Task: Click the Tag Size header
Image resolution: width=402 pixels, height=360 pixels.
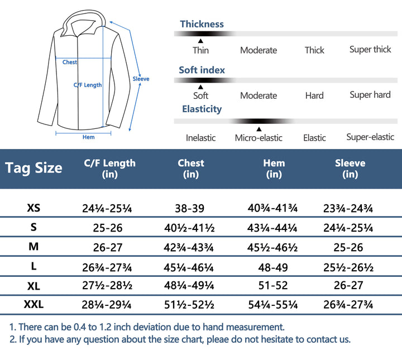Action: click(x=33, y=168)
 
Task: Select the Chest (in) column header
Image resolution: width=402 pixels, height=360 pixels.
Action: click(x=191, y=169)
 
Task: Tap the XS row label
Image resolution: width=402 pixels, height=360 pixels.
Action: click(x=33, y=208)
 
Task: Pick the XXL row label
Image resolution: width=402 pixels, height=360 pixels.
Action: click(x=33, y=304)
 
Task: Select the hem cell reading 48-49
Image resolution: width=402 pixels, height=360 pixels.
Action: click(x=274, y=267)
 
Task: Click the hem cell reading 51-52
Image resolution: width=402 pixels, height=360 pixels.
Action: click(x=274, y=286)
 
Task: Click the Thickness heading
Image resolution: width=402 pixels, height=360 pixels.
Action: click(x=202, y=24)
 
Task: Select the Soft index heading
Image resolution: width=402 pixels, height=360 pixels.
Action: click(x=202, y=70)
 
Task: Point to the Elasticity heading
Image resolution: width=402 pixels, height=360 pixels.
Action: click(x=202, y=109)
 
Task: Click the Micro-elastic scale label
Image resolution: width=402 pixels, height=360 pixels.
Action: click(x=259, y=138)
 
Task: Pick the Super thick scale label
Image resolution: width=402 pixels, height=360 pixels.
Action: click(x=370, y=50)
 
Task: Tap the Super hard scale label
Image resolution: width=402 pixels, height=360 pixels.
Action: click(x=370, y=95)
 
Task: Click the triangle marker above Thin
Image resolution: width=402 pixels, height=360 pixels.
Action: click(x=200, y=41)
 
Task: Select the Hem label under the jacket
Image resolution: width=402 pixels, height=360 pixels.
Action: click(x=88, y=137)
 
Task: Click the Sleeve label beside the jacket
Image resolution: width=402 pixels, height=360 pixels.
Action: click(x=141, y=79)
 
